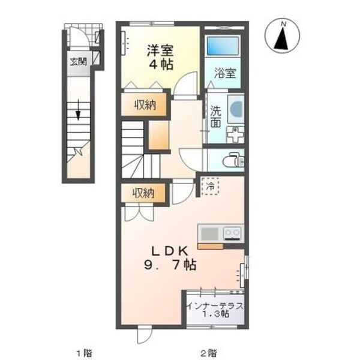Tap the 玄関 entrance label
point(77,61)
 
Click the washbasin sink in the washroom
point(235,108)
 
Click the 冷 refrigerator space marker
point(211,185)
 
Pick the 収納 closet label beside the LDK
point(144,193)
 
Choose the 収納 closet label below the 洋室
point(145,105)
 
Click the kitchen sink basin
point(209,232)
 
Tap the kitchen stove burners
point(232,232)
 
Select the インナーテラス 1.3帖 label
point(215,309)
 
